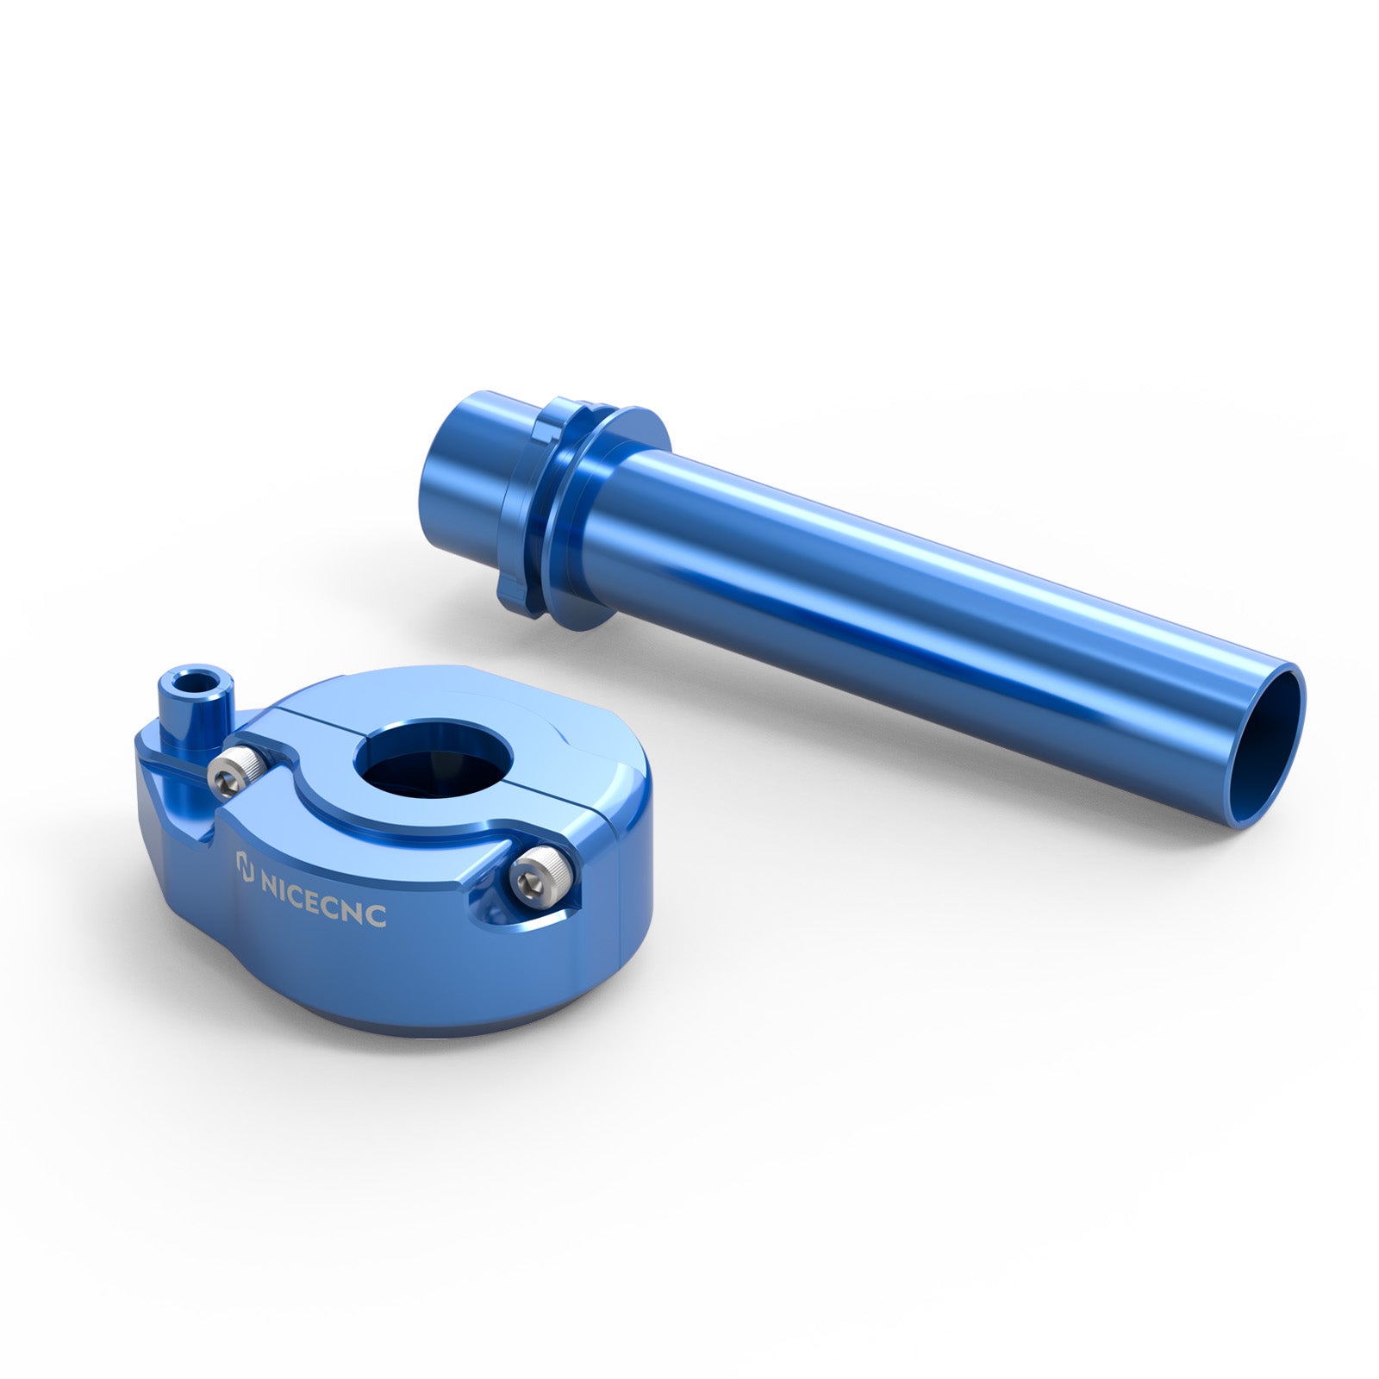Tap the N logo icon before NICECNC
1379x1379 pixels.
pyautogui.click(x=245, y=864)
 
